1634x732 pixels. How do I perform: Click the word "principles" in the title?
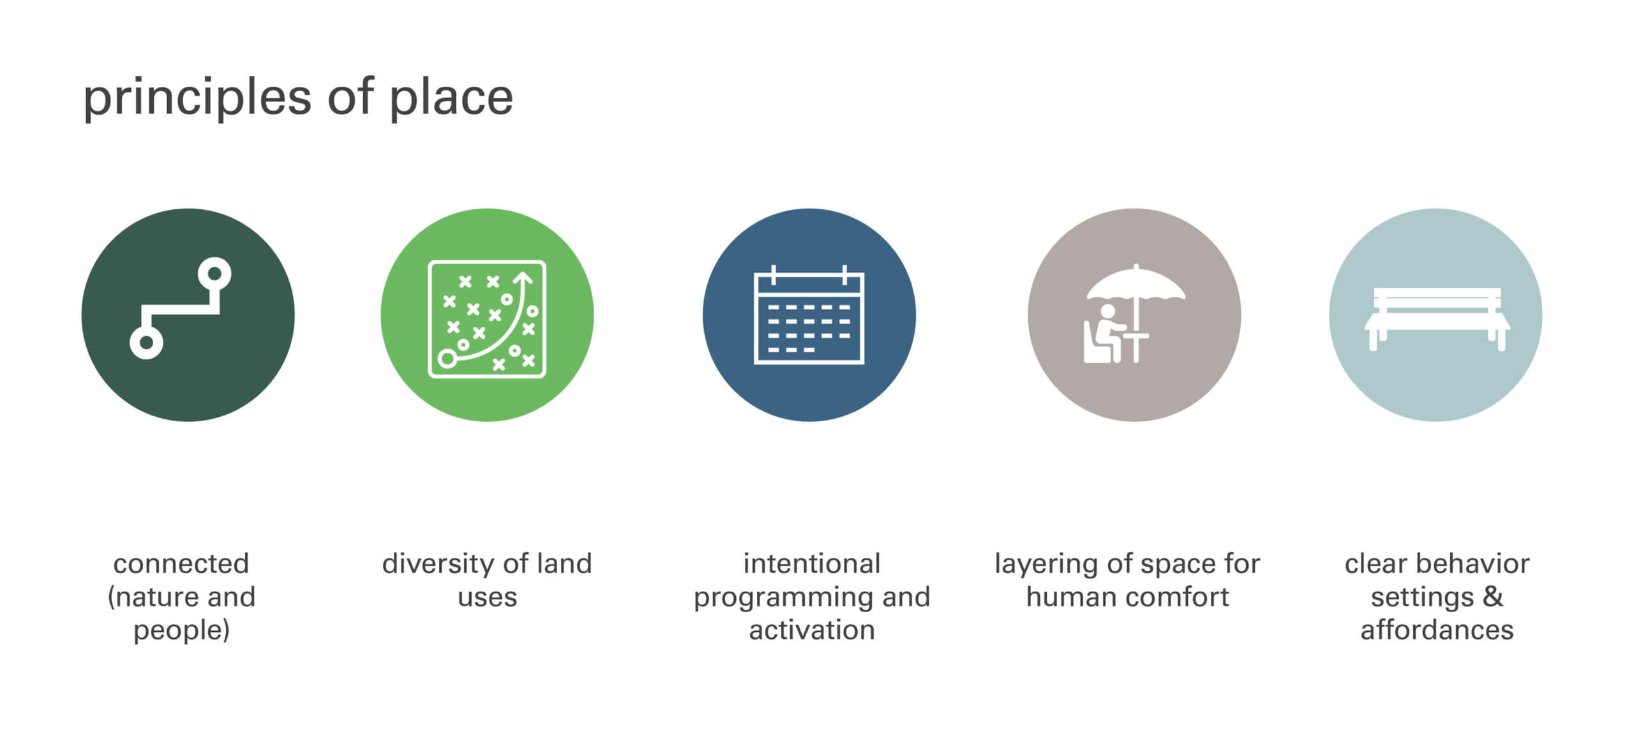(197, 99)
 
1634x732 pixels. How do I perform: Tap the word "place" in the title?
(451, 99)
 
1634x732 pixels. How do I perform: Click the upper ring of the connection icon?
(214, 274)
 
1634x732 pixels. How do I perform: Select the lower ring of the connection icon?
(146, 343)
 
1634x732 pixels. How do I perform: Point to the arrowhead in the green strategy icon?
(523, 278)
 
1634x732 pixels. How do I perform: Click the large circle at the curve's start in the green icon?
(447, 359)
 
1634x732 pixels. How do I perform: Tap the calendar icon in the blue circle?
(809, 315)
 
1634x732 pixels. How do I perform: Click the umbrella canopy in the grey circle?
(1136, 284)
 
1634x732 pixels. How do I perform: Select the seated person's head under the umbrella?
(1107, 312)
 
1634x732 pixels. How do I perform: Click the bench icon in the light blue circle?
(1437, 319)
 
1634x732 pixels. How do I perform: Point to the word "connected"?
(181, 564)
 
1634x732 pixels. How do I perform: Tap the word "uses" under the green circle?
(487, 598)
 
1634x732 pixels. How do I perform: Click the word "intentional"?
(811, 564)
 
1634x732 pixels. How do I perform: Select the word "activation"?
(811, 631)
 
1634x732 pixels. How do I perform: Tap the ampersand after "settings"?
(1492, 597)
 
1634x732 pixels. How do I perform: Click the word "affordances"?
(1437, 631)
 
